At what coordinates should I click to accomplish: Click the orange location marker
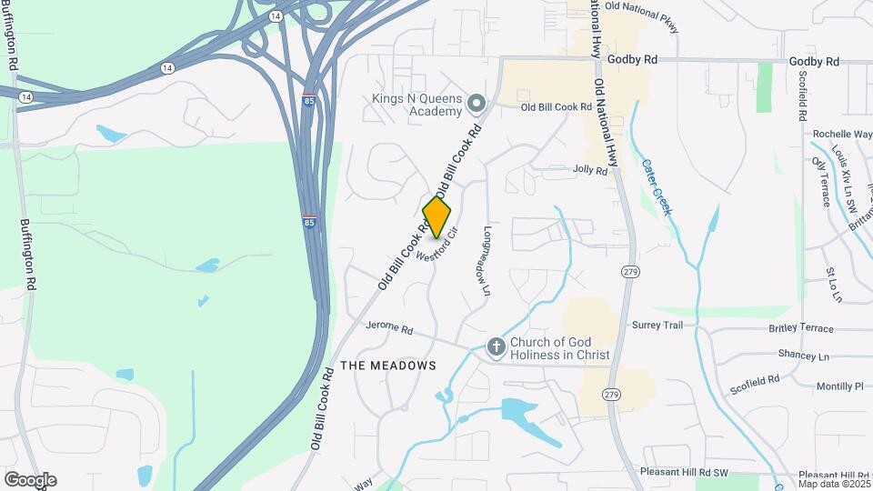[436, 216]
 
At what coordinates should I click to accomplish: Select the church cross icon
[496, 346]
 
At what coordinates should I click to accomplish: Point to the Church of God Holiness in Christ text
[559, 348]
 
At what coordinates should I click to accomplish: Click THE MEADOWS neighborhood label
[387, 366]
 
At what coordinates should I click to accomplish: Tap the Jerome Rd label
[389, 328]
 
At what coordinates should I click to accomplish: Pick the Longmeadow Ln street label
[487, 262]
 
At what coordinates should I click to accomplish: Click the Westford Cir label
[436, 245]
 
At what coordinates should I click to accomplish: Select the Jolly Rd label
[589, 169]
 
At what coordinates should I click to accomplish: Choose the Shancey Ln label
[804, 356]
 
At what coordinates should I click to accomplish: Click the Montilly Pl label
[838, 386]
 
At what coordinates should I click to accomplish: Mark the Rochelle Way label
[843, 134]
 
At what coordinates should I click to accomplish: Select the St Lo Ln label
[833, 285]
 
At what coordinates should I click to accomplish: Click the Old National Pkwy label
[641, 6]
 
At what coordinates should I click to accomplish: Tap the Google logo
[30, 479]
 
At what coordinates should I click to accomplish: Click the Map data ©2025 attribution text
[835, 483]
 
